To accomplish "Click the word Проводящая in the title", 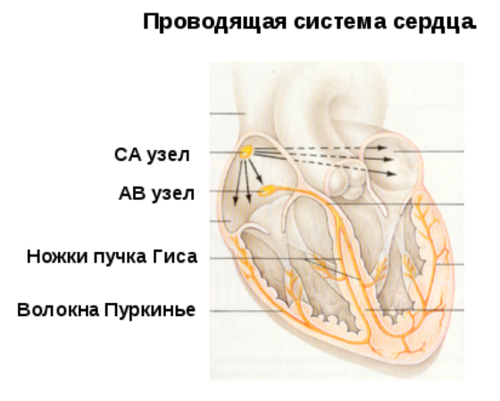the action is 214,22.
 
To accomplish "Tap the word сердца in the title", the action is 435,23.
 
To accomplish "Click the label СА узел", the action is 152,155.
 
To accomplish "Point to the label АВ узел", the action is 156,193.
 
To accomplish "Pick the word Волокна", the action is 58,310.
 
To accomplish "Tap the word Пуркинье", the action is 150,310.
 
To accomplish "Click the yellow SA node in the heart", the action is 246,152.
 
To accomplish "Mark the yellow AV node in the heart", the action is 266,190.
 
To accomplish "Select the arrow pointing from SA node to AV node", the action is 255,172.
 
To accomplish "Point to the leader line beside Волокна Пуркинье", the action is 246,311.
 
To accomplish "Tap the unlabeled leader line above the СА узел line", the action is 228,113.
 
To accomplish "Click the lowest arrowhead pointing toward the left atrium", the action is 391,173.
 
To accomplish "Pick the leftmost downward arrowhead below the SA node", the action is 236,201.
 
